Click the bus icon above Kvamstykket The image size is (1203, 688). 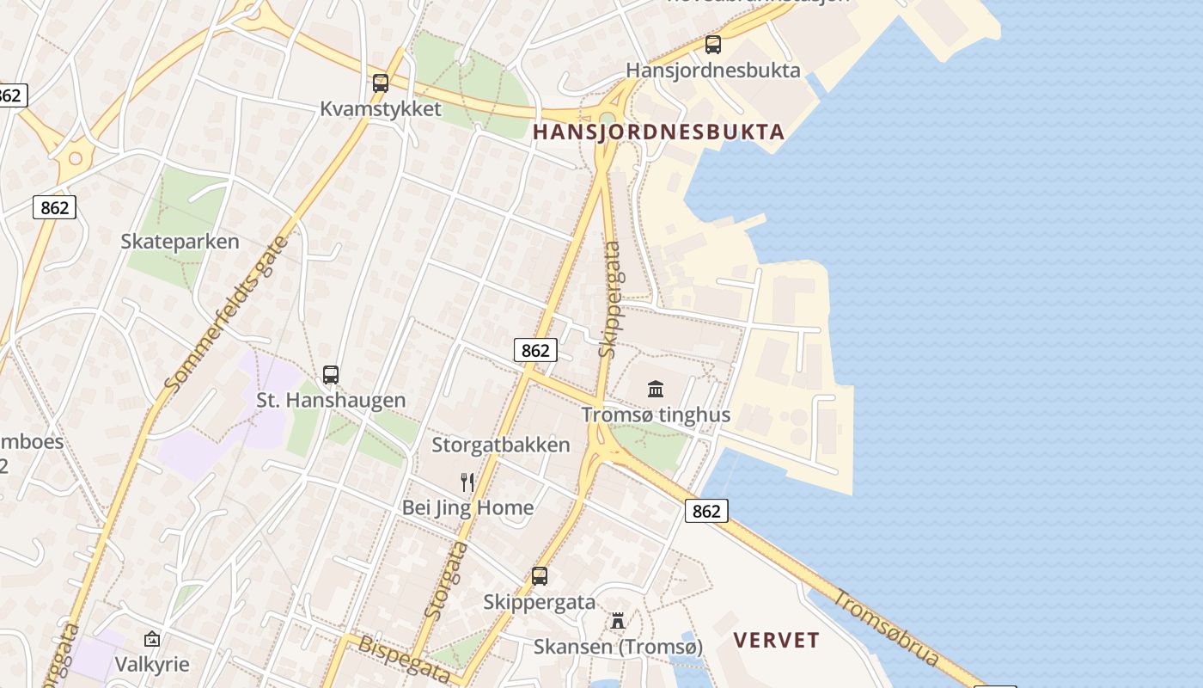381,83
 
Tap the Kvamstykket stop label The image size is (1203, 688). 381,109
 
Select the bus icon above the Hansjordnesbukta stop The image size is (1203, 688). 712,45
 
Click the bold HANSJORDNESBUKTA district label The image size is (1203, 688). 658,132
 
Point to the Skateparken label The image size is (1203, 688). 180,242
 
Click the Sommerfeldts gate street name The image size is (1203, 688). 226,314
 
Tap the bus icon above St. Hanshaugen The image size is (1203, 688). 331,375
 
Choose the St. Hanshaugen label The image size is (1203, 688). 331,400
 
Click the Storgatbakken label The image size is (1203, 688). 501,445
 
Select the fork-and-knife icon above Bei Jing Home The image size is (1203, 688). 467,482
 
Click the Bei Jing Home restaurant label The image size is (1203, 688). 467,507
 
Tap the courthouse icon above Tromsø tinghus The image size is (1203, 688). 656,389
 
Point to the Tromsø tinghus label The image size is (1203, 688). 656,415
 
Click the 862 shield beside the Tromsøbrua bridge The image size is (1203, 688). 706,511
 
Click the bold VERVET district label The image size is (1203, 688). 777,641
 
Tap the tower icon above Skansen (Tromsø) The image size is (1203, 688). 617,621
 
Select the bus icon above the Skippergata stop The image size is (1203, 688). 540,576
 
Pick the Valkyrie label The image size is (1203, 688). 152,665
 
